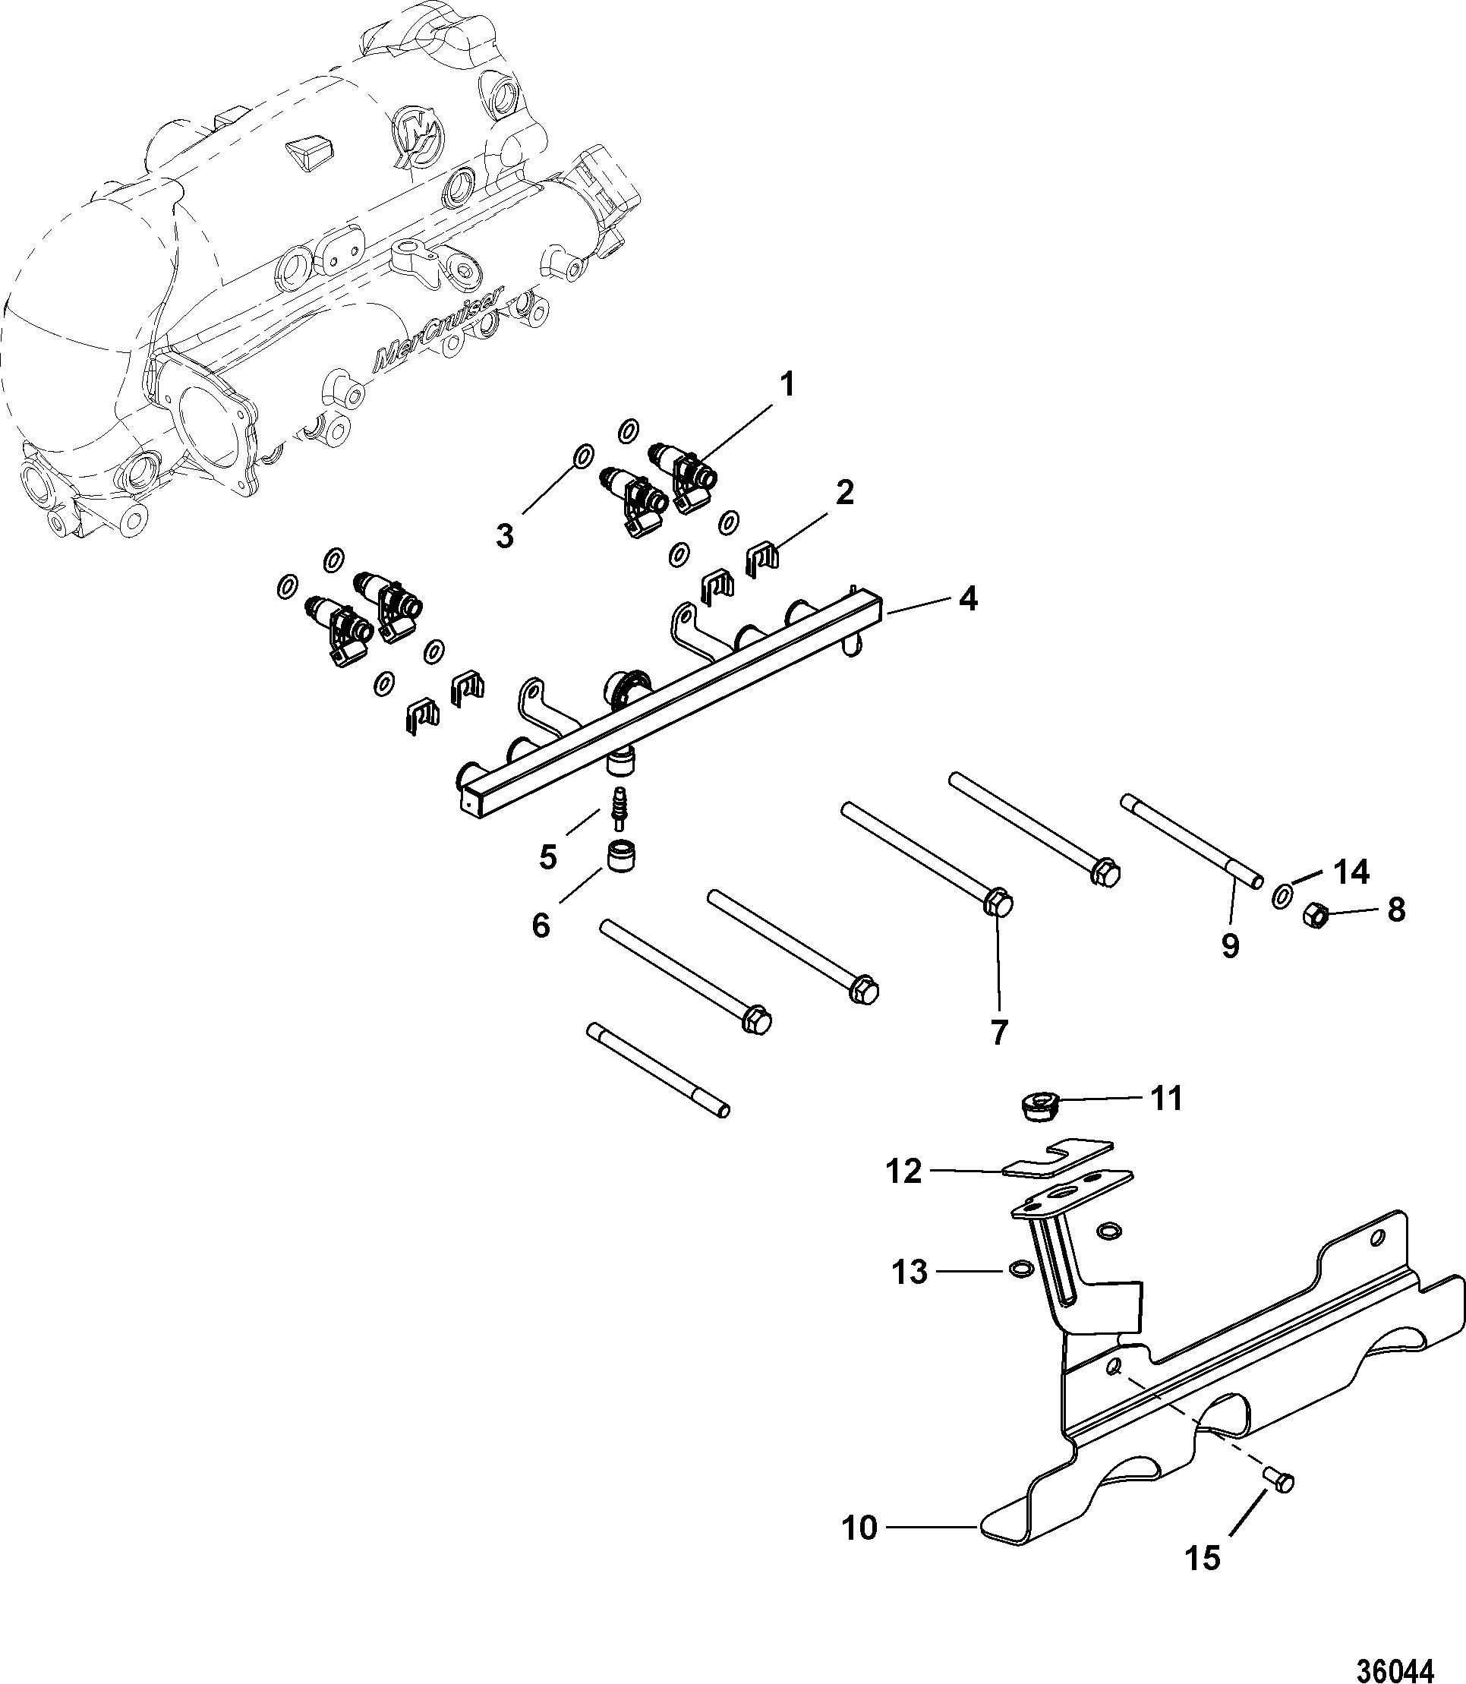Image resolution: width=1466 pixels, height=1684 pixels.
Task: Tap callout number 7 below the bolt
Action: [999, 1032]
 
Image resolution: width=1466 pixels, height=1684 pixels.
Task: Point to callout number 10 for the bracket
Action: [860, 1528]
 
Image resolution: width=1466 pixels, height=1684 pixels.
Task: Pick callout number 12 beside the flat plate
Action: [903, 1171]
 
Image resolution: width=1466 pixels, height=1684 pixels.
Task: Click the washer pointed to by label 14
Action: [1282, 895]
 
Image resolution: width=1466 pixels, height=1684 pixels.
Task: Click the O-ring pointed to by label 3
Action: [580, 456]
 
